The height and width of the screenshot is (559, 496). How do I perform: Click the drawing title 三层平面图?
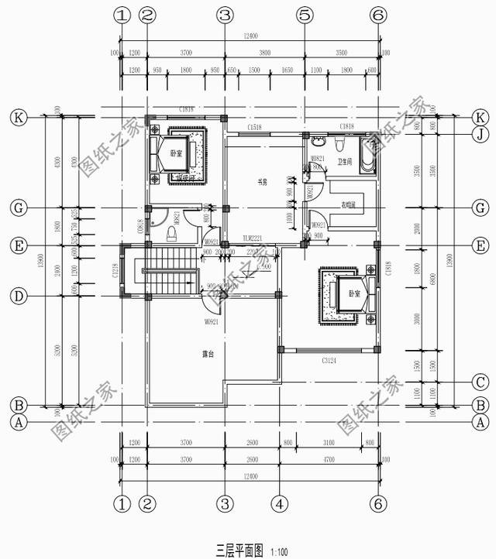pos(239,550)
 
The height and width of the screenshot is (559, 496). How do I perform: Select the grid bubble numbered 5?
pos(305,14)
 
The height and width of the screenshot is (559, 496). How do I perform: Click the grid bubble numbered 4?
pos(281,504)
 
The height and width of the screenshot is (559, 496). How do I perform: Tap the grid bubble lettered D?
pos(16,297)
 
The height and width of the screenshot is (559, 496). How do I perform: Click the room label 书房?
pos(262,183)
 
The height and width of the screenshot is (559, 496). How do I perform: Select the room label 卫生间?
pos(346,162)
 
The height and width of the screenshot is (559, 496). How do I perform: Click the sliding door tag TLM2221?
pos(253,238)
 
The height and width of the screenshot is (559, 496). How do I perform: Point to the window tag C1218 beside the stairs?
pos(115,271)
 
